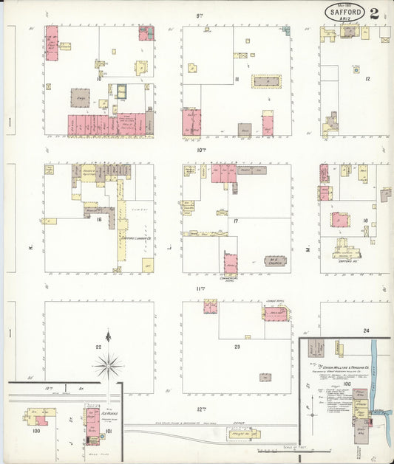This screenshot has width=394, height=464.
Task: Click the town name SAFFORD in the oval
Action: (344, 13)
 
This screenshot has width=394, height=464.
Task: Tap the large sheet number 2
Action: (376, 13)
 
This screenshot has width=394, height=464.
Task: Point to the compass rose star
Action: (108, 364)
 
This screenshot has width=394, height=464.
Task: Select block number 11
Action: (237, 80)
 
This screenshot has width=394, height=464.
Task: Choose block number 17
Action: (236, 220)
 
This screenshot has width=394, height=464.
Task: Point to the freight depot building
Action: (241, 434)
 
